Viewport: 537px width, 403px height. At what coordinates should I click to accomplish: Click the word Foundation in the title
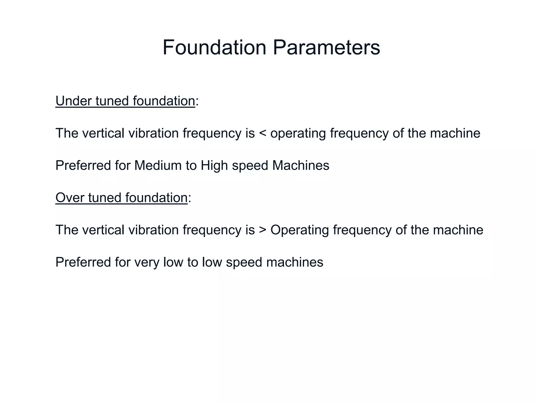pyautogui.click(x=214, y=47)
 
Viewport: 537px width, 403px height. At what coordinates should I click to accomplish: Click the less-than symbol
pyautogui.click(x=262, y=133)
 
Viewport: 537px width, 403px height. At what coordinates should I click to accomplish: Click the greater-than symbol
pyautogui.click(x=262, y=230)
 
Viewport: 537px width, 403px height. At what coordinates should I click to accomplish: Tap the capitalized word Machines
pyautogui.click(x=300, y=166)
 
